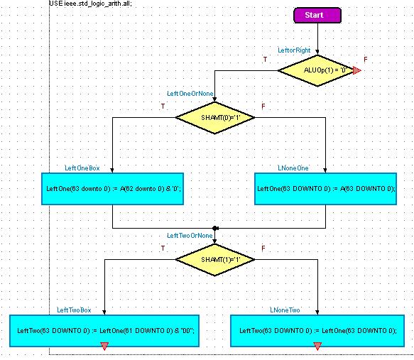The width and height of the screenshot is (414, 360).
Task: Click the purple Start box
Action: [x=317, y=15]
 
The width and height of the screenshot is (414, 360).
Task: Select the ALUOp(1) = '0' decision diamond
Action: [x=317, y=70]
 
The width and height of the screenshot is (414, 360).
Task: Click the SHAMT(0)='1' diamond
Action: [x=215, y=117]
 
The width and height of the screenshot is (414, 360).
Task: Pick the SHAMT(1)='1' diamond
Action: [x=215, y=259]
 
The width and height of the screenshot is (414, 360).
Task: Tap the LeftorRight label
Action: [x=294, y=50]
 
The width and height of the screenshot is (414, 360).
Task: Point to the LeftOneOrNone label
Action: [x=190, y=94]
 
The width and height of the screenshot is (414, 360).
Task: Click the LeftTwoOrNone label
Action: [x=190, y=236]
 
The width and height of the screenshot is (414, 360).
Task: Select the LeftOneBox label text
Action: [x=82, y=168]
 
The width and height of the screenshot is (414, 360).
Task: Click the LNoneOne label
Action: [x=293, y=168]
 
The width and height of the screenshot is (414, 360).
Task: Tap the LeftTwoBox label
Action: [x=74, y=310]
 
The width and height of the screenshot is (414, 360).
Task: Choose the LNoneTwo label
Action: [x=285, y=310]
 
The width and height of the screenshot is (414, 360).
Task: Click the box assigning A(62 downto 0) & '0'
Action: [x=112, y=189]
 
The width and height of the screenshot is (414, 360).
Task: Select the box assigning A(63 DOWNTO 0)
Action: [x=325, y=189]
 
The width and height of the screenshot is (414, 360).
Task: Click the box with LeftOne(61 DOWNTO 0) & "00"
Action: [x=104, y=331]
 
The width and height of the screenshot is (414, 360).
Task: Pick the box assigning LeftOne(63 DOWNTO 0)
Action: [x=317, y=331]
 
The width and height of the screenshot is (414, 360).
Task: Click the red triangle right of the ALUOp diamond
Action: [x=357, y=70]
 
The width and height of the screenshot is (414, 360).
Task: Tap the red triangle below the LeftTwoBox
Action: [x=104, y=346]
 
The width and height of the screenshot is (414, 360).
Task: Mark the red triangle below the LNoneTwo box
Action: [x=317, y=346]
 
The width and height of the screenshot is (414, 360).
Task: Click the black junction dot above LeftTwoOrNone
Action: [x=215, y=228]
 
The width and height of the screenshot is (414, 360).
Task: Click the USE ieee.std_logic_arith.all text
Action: [x=90, y=4]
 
